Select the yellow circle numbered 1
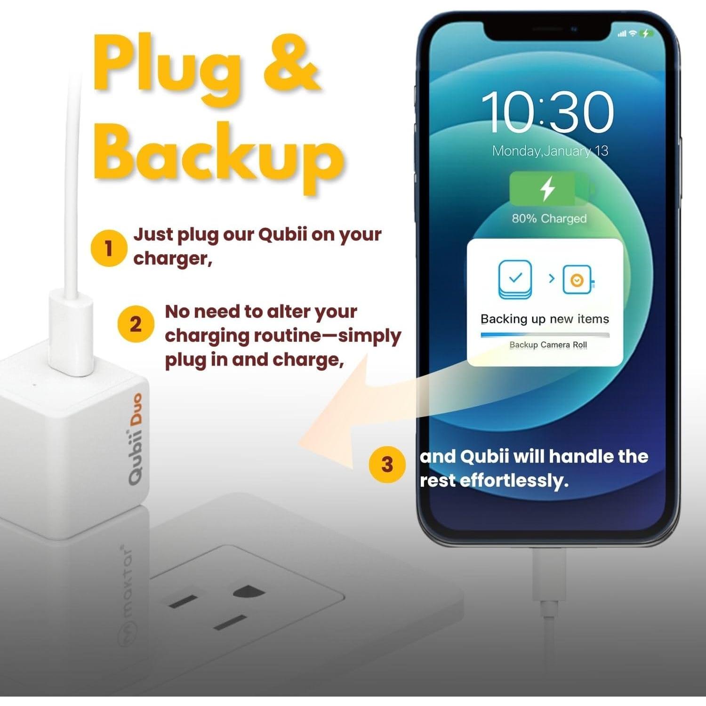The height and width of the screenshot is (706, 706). tap(109, 248)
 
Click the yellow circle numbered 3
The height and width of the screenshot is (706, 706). tap(387, 465)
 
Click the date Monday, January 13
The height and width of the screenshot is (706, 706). tap(550, 151)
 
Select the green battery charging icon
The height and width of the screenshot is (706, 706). tap(549, 188)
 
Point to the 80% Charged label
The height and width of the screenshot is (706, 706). tap(549, 218)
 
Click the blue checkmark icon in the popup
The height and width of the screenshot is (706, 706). tap(515, 279)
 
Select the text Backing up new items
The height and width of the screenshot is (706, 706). tap(545, 319)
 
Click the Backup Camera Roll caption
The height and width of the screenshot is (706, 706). tap(548, 345)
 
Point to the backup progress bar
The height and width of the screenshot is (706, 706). tap(545, 335)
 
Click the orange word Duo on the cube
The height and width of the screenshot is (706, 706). tap(136, 410)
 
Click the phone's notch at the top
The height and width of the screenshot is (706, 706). tap(546, 31)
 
